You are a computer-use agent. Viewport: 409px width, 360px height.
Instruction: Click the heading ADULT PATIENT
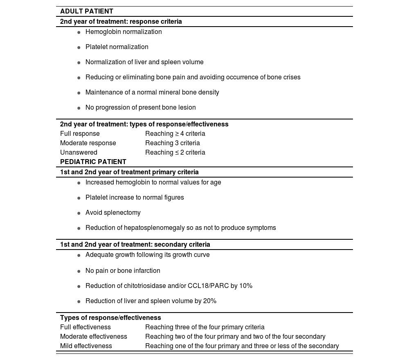point(87,11)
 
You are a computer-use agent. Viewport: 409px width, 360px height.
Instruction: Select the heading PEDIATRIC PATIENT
point(93,162)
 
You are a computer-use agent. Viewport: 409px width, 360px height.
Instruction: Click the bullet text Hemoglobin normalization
point(124,32)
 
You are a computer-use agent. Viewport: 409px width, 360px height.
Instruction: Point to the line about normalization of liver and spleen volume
point(144,62)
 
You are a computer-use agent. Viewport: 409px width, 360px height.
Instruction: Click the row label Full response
point(80,134)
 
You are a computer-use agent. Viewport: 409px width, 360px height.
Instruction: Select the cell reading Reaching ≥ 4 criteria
point(175,134)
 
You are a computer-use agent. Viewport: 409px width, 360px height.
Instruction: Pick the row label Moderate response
point(88,143)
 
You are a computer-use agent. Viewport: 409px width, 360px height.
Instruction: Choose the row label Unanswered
point(79,153)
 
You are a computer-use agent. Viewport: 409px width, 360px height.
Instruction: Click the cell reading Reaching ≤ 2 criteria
point(175,153)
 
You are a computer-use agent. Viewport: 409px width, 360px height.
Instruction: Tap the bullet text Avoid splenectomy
point(113,213)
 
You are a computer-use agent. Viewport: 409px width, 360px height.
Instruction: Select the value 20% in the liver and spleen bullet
point(210,301)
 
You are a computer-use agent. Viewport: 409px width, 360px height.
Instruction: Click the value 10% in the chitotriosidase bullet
point(245,286)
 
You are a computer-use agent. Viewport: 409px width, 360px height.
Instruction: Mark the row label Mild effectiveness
point(86,346)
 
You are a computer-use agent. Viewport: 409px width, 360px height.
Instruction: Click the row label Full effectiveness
point(85,327)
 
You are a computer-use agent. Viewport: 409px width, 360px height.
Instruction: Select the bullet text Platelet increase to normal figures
point(135,198)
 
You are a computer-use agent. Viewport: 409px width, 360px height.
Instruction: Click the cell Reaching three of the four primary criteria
point(204,327)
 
